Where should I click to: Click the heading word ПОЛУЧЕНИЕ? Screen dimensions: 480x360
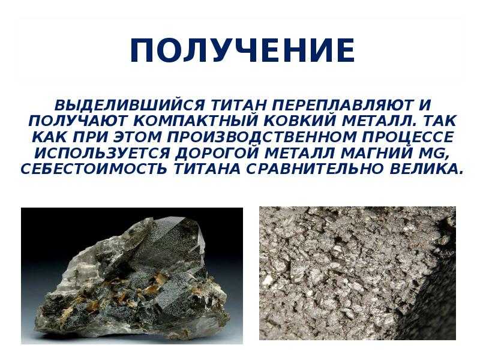click(x=242, y=50)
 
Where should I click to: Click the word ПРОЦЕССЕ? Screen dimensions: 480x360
click(x=407, y=137)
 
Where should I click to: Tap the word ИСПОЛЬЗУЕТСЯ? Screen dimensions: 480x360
click(x=102, y=153)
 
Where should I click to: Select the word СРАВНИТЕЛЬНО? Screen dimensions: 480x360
click(x=314, y=169)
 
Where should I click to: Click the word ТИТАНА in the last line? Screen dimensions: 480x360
click(x=206, y=169)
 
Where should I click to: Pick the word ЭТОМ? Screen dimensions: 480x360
click(x=137, y=137)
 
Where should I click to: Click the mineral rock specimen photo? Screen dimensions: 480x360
click(x=132, y=275)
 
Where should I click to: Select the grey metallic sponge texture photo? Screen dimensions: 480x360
click(x=358, y=273)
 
